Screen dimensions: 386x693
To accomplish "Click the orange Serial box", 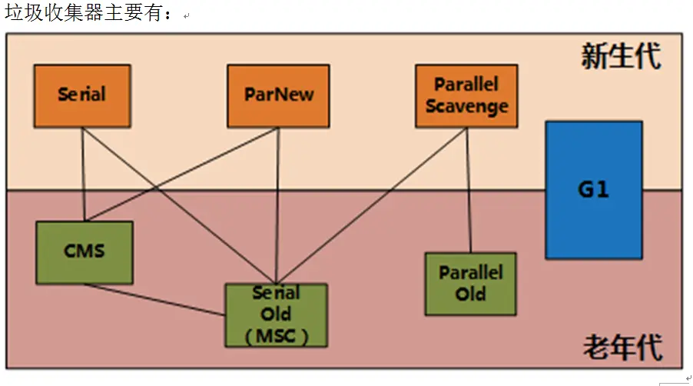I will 82,95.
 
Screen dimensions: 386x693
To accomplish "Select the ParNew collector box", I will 279,95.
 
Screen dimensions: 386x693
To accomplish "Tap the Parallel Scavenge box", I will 466,95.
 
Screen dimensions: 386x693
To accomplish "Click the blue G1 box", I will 593,189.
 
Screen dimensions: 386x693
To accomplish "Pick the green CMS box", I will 85,252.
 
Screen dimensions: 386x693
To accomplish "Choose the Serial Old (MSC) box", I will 276,315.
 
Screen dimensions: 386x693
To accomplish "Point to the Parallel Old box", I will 470,284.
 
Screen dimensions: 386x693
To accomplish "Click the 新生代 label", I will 621,57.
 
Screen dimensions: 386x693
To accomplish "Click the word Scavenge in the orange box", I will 466,106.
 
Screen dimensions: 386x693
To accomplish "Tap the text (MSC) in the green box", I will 276,337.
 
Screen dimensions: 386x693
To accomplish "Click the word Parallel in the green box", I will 470,273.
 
